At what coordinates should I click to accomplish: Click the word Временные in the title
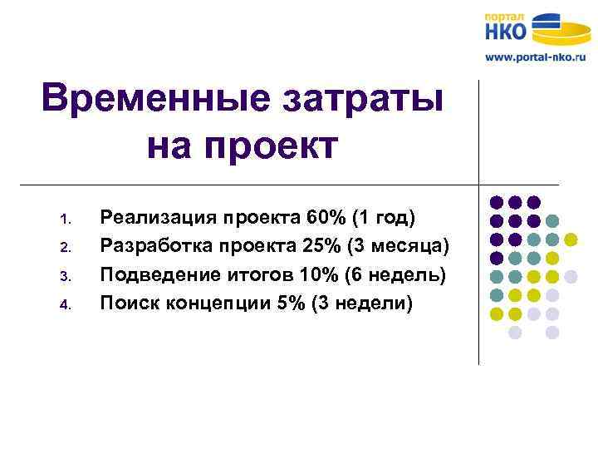click(154, 100)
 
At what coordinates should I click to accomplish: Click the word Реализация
click(154, 219)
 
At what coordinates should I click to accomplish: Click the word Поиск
click(125, 303)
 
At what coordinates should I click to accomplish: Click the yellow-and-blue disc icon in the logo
click(561, 29)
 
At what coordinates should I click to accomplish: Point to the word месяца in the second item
click(413, 248)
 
